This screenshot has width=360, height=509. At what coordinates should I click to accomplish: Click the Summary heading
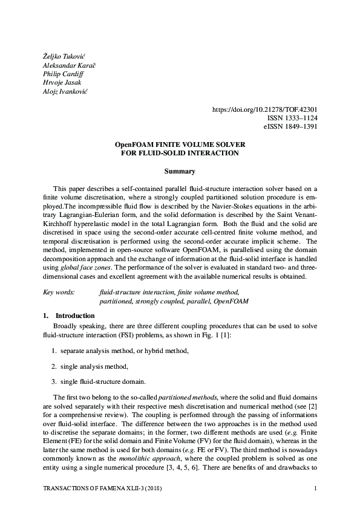(x=180, y=172)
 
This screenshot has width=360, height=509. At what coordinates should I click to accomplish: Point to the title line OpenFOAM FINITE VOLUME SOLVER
(x=180, y=145)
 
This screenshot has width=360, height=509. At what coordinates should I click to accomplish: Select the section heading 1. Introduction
(x=68, y=316)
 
